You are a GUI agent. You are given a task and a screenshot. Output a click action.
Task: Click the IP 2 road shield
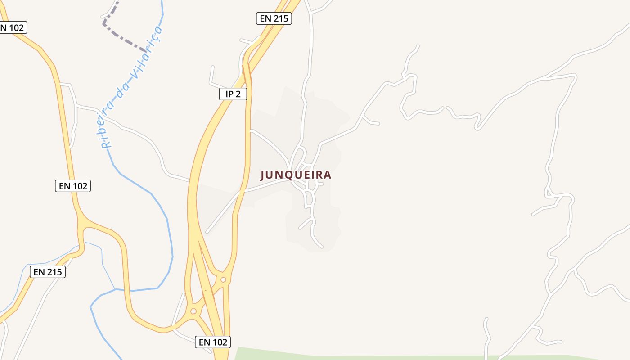[x=233, y=94]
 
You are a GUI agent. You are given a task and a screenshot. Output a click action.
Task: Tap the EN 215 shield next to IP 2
[x=274, y=18]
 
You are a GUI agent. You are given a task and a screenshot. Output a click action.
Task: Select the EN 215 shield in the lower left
[x=48, y=272]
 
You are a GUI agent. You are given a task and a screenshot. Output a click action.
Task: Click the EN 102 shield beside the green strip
[x=213, y=342]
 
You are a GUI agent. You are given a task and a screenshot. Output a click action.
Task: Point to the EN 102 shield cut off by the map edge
[x=13, y=27]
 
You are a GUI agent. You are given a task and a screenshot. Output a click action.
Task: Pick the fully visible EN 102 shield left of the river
[x=73, y=185]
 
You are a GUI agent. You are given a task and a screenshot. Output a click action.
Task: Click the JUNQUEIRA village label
[x=296, y=175]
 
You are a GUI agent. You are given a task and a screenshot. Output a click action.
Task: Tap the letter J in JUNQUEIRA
[x=263, y=175]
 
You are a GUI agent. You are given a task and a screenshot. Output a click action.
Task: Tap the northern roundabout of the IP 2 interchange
[x=223, y=279]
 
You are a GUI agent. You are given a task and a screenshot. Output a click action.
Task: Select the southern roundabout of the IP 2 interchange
[x=193, y=311]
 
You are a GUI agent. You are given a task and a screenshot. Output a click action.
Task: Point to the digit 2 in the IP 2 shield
[x=239, y=94]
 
